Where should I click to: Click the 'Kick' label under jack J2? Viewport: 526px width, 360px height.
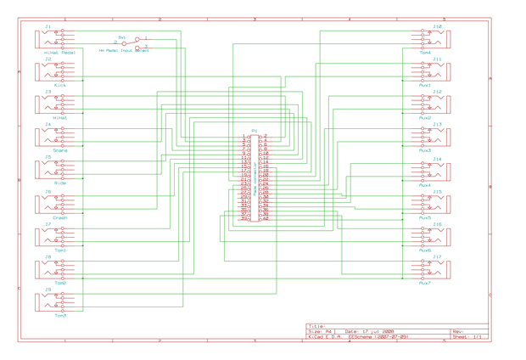pos(59,86)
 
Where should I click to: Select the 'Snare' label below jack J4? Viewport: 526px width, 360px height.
pos(59,151)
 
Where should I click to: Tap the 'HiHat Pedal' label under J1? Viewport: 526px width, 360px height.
pos(59,53)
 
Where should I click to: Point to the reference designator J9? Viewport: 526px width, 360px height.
pos(48,290)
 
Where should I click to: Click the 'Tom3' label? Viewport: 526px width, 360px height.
pos(59,316)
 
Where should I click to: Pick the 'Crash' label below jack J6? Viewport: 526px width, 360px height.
pos(59,217)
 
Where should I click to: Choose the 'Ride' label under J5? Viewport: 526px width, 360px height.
pos(59,183)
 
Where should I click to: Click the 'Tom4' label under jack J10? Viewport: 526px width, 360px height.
pos(425,53)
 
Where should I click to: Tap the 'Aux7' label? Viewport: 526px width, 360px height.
pos(425,284)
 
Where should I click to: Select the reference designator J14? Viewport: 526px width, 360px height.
pos(437,159)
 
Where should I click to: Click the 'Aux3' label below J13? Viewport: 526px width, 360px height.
pos(425,151)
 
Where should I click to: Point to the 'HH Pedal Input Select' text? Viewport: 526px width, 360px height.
pos(124,51)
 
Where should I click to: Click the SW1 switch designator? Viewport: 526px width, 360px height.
pos(122,37)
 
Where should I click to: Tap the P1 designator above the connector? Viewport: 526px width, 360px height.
pos(254,131)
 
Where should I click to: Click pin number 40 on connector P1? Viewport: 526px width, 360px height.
pos(266,219)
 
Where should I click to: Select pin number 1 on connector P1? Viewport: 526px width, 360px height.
pos(243,136)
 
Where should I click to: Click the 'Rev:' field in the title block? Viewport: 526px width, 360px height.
pos(458,331)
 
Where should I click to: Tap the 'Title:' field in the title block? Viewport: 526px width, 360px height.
pos(315,325)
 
